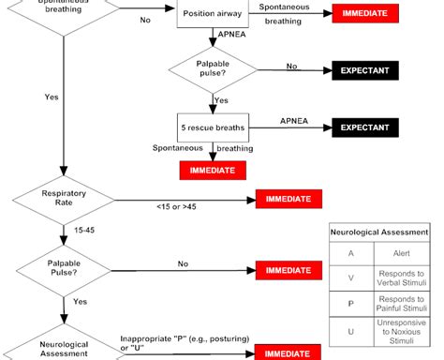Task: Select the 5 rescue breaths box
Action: [214, 127]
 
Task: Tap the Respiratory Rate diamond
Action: [65, 198]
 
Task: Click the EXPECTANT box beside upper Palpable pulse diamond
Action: [364, 71]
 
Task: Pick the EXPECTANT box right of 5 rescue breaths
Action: [364, 127]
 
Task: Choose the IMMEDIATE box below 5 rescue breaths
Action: [214, 170]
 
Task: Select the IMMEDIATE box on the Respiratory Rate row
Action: [289, 199]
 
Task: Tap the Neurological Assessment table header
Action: [380, 231]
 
